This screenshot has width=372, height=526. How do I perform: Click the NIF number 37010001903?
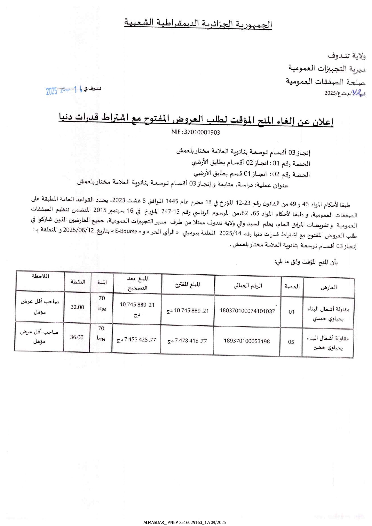point(196,132)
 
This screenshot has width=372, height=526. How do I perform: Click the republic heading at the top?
point(198,24)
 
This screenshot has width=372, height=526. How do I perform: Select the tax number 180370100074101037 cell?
point(247,311)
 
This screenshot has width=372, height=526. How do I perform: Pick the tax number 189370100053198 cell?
point(247,341)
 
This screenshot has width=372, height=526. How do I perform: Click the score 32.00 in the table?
point(77,307)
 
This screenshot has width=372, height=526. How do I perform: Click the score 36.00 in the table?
point(77,337)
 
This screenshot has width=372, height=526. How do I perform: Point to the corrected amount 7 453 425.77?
point(137,340)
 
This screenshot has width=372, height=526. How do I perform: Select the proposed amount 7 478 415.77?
point(187,341)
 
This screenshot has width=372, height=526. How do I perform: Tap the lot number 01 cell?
point(292,312)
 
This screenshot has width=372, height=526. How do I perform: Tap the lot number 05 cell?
point(291,342)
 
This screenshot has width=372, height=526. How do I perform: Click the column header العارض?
point(329,288)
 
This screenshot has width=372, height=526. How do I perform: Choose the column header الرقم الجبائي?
point(248,286)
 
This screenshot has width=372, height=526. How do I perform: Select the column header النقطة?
point(78,282)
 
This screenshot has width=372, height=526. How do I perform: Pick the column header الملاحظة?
point(40,276)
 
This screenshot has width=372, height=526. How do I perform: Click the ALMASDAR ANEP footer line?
point(185,522)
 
